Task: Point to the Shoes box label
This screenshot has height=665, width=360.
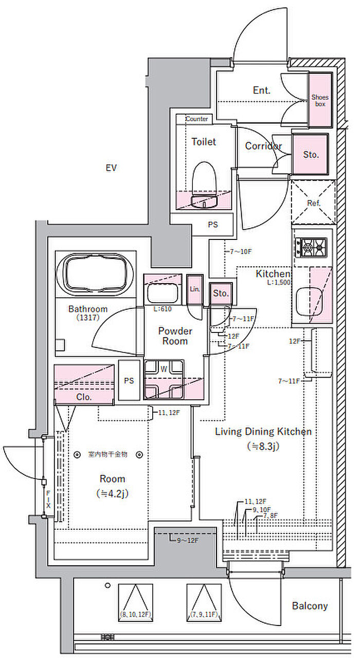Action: click(320, 100)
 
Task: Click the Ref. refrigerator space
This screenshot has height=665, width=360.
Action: click(313, 203)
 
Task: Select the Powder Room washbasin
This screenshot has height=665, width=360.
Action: click(163, 294)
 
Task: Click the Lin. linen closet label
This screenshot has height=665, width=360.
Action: click(195, 290)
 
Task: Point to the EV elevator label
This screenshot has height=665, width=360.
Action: click(111, 168)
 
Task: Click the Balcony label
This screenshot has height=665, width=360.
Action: click(310, 606)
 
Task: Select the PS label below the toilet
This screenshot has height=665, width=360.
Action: click(212, 225)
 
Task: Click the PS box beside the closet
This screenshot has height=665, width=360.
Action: click(129, 381)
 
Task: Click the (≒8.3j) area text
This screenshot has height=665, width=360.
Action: click(263, 446)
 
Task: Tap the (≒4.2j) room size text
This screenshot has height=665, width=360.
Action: click(112, 493)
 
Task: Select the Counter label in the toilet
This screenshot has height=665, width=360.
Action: click(196, 119)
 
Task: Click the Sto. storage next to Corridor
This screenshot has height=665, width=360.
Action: click(310, 154)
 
